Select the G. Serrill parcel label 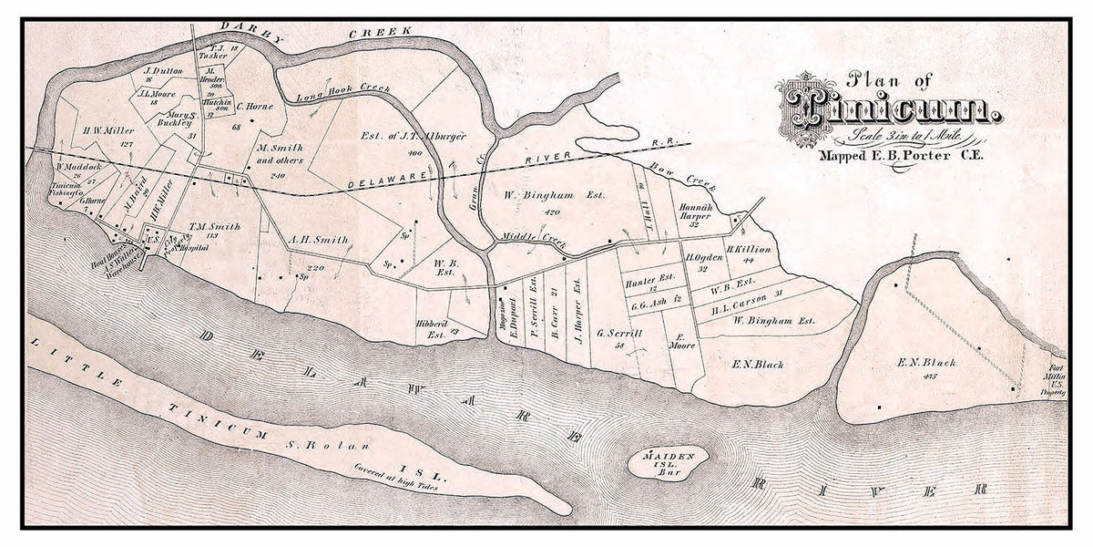click(x=623, y=335)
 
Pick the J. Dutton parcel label click(x=164, y=70)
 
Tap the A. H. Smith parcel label click(x=318, y=241)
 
